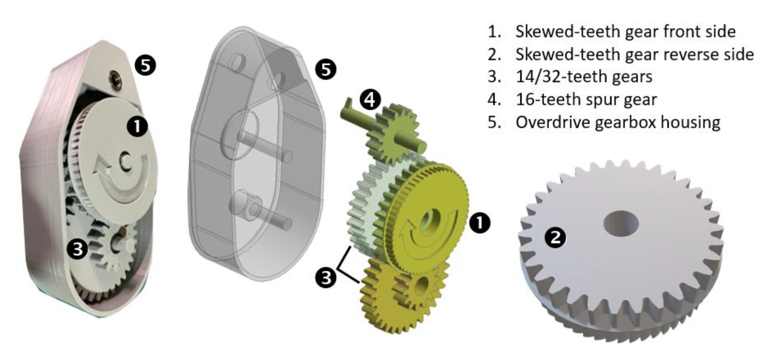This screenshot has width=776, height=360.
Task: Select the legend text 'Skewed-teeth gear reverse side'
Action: (x=621, y=54)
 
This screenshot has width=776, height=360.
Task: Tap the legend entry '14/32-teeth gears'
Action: (x=570, y=77)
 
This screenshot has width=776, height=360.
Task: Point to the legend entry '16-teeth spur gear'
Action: (x=572, y=100)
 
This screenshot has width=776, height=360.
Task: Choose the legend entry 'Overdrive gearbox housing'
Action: (x=604, y=122)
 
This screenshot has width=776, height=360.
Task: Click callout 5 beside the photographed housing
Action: (x=145, y=66)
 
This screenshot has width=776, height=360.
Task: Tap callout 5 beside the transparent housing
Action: (x=326, y=70)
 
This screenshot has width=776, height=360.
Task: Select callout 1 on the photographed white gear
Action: (x=137, y=126)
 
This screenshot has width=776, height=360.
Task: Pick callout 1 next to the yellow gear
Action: (x=480, y=223)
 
